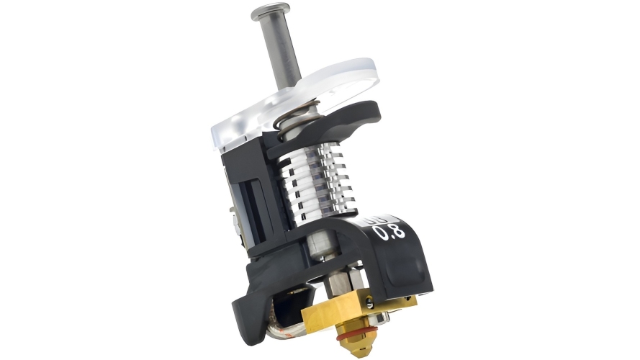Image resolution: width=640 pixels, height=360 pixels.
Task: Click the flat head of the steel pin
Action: pyautogui.click(x=271, y=12)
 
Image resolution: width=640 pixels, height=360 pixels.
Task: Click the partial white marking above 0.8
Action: pyautogui.click(x=377, y=218)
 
